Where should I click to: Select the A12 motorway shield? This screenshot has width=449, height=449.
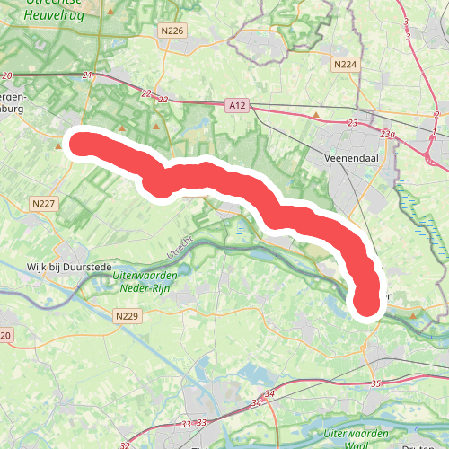[237, 106]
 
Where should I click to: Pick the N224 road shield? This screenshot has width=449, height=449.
[344, 65]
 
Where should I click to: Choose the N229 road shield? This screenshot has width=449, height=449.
[128, 316]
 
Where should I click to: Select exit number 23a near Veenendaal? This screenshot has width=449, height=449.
[387, 134]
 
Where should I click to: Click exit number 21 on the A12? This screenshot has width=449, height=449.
[87, 75]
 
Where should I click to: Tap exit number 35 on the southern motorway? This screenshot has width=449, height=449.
[374, 384]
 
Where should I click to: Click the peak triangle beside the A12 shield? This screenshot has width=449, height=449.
[316, 115]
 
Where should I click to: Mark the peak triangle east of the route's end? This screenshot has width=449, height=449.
[413, 315]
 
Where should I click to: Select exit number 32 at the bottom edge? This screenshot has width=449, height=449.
[125, 445]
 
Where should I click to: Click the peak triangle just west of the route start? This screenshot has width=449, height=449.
[69, 163]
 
